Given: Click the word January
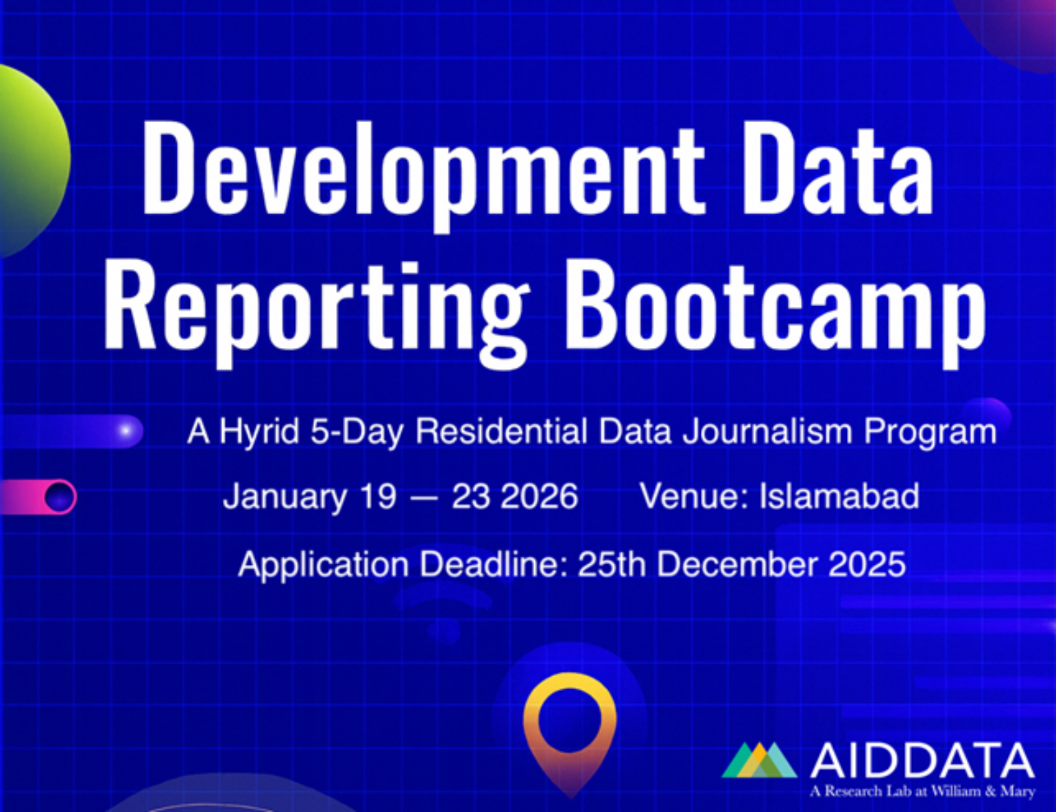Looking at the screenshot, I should pos(285,496).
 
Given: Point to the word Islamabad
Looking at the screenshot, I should pos(839,496).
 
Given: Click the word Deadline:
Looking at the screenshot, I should pos(493,565).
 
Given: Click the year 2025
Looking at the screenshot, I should pos(867,565).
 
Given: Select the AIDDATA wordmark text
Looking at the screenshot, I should pos(922,761).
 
